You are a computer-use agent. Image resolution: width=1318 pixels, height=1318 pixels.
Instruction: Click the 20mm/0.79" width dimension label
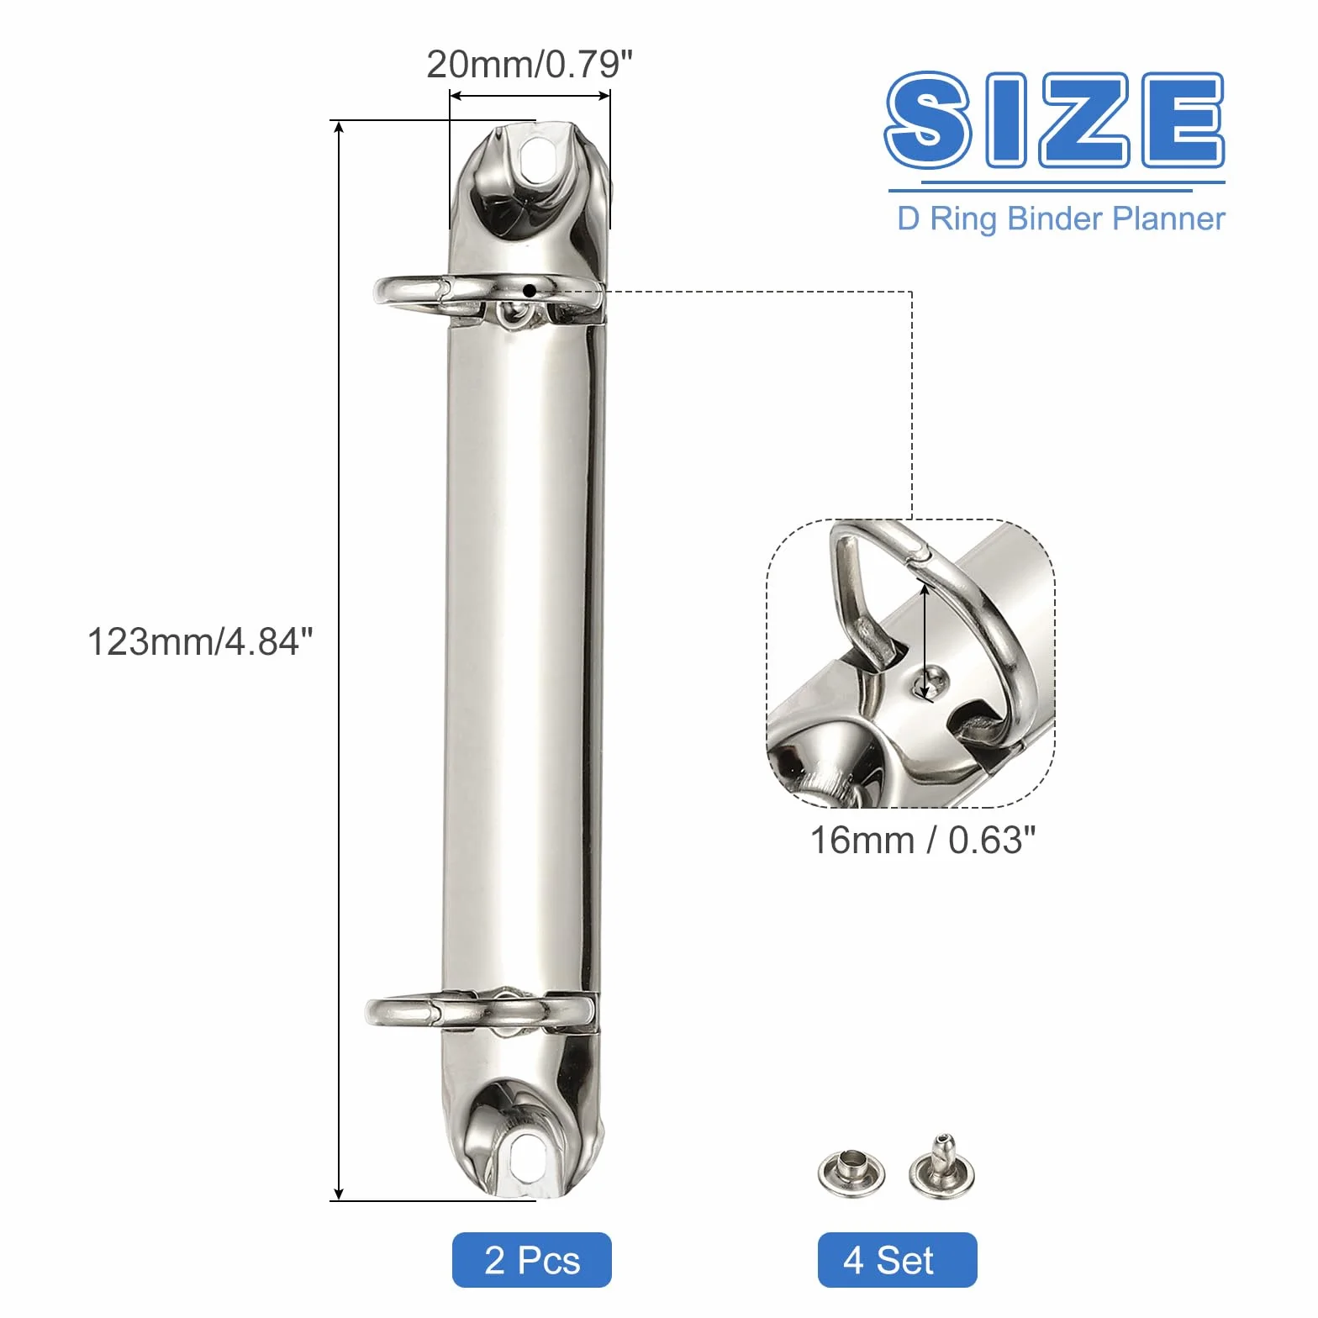click(x=530, y=64)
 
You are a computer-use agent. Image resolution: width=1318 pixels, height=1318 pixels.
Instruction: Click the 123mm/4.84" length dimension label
click(x=200, y=642)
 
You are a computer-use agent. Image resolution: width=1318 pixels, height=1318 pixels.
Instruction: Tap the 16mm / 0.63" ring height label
click(x=922, y=840)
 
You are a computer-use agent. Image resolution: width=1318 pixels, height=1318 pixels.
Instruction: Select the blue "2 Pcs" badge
click(x=532, y=1260)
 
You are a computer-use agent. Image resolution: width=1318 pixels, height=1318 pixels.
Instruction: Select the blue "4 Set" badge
click(x=897, y=1260)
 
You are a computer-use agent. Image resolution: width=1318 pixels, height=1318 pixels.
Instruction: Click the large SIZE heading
click(x=1055, y=120)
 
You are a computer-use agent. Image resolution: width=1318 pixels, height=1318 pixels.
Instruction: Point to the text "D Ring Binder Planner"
click(x=1061, y=219)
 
